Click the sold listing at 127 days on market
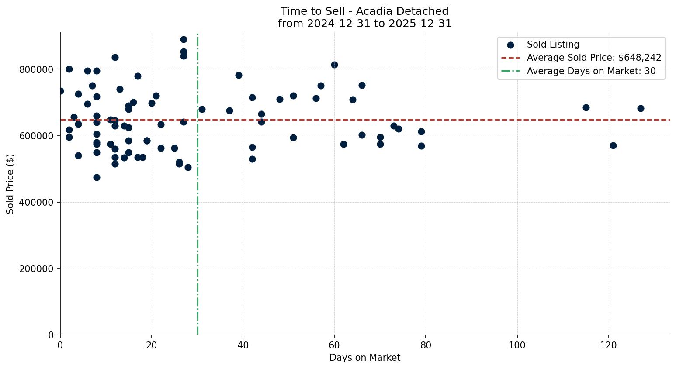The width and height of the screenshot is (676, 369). point(641,108)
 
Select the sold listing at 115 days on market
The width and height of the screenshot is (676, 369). point(586,107)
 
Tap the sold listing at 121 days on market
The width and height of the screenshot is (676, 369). point(613,145)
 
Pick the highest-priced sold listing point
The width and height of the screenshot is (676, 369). point(184,39)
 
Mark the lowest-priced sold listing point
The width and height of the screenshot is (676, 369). point(97,177)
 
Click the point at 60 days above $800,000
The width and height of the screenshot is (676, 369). point(334,65)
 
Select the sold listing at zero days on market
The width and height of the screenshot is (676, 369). point(60,91)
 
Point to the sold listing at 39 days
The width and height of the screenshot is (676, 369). point(239,75)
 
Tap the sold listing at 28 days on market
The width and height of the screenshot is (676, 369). point(188,167)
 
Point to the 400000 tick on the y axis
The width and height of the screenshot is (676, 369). point(36,203)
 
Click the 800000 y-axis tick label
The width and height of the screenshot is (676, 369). point(36,70)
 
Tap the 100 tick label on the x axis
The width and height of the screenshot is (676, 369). point(517,346)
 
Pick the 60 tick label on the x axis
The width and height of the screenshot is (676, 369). point(334,346)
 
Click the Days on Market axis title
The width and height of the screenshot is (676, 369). point(365,358)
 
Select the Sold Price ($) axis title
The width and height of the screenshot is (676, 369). point(10,184)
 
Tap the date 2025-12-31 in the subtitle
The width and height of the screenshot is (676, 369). point(423,24)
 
